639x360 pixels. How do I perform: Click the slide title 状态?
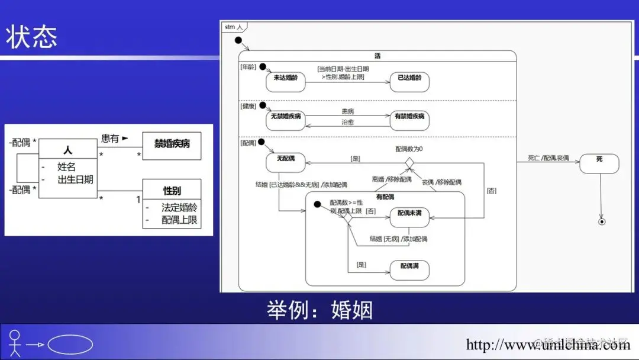coord(32,37)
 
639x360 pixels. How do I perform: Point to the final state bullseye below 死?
coord(602,221)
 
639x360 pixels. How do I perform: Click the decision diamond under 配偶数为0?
coord(409,162)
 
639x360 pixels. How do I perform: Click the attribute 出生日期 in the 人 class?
coord(75,179)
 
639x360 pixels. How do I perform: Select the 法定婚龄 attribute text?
coord(179,208)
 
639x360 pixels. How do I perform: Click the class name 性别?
coord(172,190)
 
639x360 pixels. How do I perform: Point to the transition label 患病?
coord(348,111)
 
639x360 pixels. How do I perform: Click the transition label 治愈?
coord(348,122)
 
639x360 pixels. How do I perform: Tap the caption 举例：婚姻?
coord(319,310)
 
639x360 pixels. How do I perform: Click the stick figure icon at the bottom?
coord(15,343)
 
